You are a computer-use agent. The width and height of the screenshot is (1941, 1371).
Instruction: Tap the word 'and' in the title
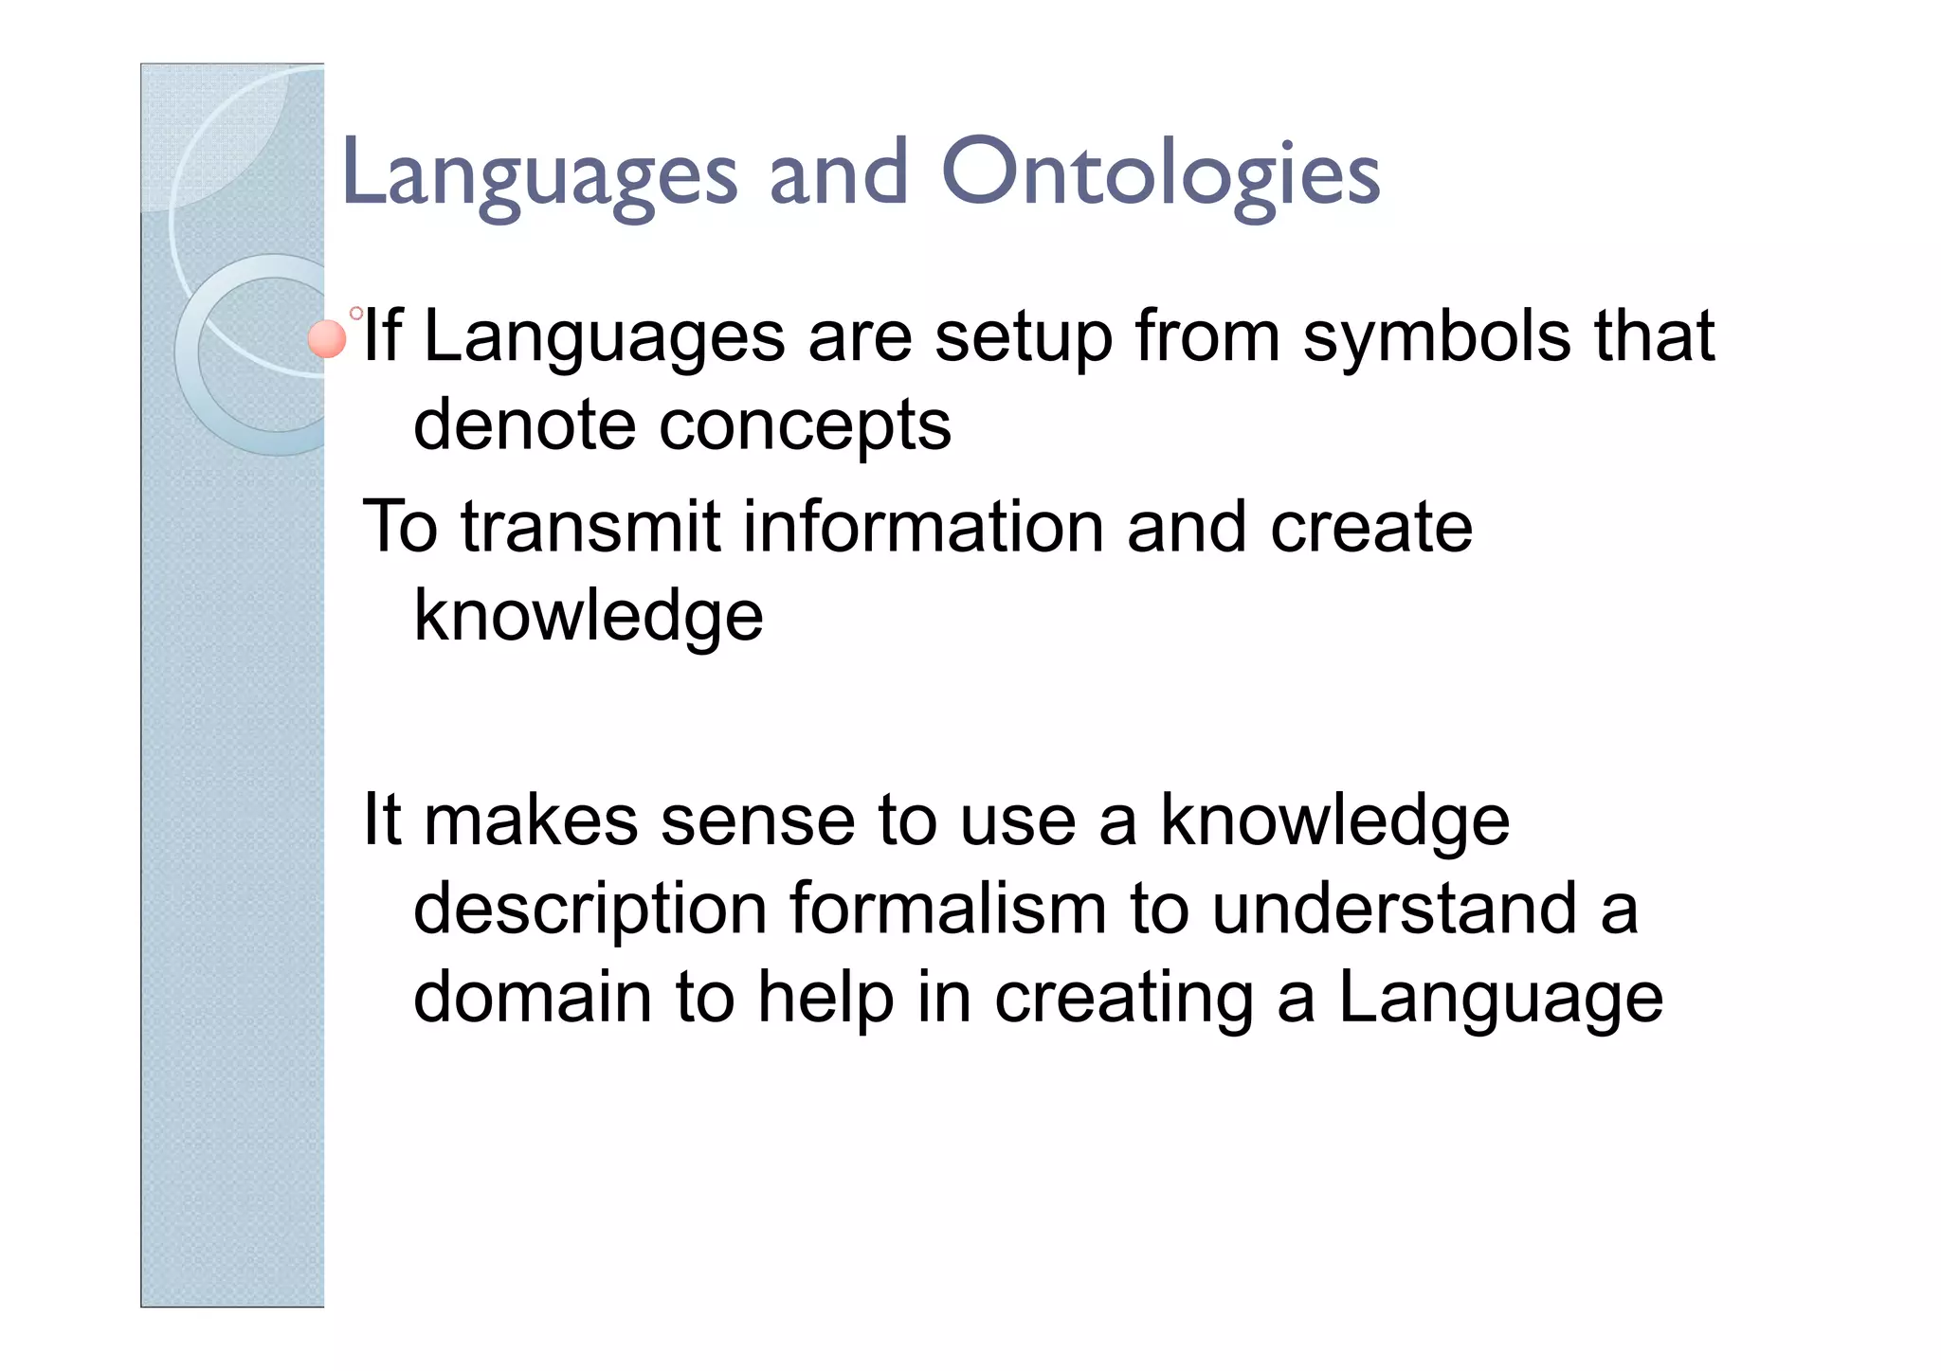coord(838,173)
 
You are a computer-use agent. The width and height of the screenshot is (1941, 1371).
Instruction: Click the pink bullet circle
coord(328,339)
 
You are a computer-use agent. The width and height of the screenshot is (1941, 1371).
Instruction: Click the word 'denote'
coord(524,425)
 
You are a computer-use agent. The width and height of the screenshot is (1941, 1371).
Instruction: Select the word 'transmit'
coord(590,527)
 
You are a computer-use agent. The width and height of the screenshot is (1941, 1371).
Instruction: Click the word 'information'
coord(923,527)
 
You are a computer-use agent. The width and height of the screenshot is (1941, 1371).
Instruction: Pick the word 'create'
coord(1370,527)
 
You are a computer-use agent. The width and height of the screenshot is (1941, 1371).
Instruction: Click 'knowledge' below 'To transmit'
coord(589,617)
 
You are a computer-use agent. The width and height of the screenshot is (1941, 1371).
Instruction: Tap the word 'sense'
coord(757,821)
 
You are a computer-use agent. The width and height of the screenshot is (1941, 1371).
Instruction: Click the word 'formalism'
coord(948,910)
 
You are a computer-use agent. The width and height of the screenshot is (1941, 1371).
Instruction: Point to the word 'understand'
coord(1393,910)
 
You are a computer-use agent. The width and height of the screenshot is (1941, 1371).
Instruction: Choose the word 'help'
coord(825,1000)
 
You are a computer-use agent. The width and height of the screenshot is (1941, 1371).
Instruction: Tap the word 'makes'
coord(530,821)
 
